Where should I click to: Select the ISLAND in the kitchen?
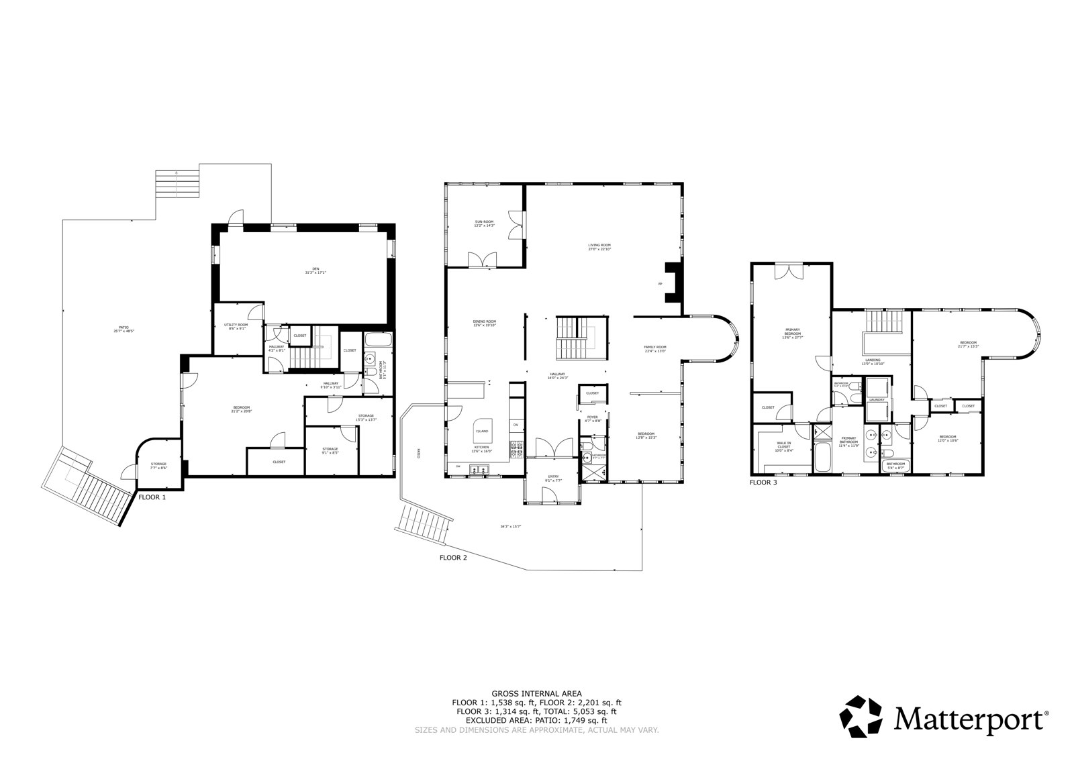482,431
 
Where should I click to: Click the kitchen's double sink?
481,470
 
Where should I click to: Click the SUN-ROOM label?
484,223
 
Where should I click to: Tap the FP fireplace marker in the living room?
661,285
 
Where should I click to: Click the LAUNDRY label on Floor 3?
877,400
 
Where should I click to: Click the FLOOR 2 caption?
452,557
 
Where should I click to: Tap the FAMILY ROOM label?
655,348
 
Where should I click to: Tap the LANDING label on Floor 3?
873,362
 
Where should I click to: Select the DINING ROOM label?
484,322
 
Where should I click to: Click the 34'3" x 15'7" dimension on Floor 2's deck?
510,527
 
